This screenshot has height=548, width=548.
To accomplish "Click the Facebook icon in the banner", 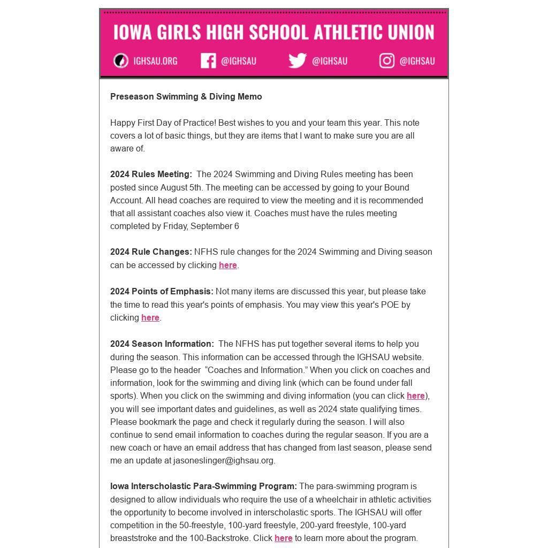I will tap(208, 61).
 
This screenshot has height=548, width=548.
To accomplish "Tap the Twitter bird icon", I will tap(297, 61).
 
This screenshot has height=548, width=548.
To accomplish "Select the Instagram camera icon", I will tap(387, 61).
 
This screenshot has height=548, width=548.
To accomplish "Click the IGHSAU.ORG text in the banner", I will tap(155, 61).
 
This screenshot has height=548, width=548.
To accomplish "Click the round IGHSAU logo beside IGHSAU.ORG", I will tap(121, 61).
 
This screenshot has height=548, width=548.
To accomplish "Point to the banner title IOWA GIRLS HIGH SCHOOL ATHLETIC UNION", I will tap(273, 32).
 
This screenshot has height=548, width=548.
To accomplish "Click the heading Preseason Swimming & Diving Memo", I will tap(186, 97).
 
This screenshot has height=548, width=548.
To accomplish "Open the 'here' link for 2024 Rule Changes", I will tap(227, 265).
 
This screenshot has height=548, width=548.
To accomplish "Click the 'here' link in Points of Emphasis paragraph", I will tap(150, 318).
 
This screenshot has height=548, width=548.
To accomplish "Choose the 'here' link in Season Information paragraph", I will tap(415, 396).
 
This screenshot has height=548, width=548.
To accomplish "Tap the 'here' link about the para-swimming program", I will tap(283, 538).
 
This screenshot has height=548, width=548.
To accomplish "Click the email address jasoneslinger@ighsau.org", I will tap(223, 461).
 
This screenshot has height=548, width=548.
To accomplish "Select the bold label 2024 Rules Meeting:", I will tap(151, 174).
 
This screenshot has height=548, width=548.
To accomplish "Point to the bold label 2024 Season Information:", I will tap(162, 344).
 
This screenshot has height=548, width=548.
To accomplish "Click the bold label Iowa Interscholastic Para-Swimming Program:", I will tap(203, 486).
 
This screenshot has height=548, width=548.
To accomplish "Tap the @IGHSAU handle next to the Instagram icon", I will tap(417, 61).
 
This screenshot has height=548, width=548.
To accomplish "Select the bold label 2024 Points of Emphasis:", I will tap(162, 292).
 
